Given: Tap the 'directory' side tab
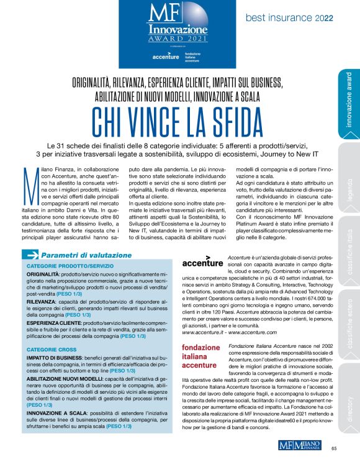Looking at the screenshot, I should pyautogui.click(x=349, y=397).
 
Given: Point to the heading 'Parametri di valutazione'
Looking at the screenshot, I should pyautogui.click(x=86, y=255).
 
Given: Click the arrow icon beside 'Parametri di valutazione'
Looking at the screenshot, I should pyautogui.click(x=30, y=255).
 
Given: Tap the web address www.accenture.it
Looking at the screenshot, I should pyautogui.click(x=204, y=332).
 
